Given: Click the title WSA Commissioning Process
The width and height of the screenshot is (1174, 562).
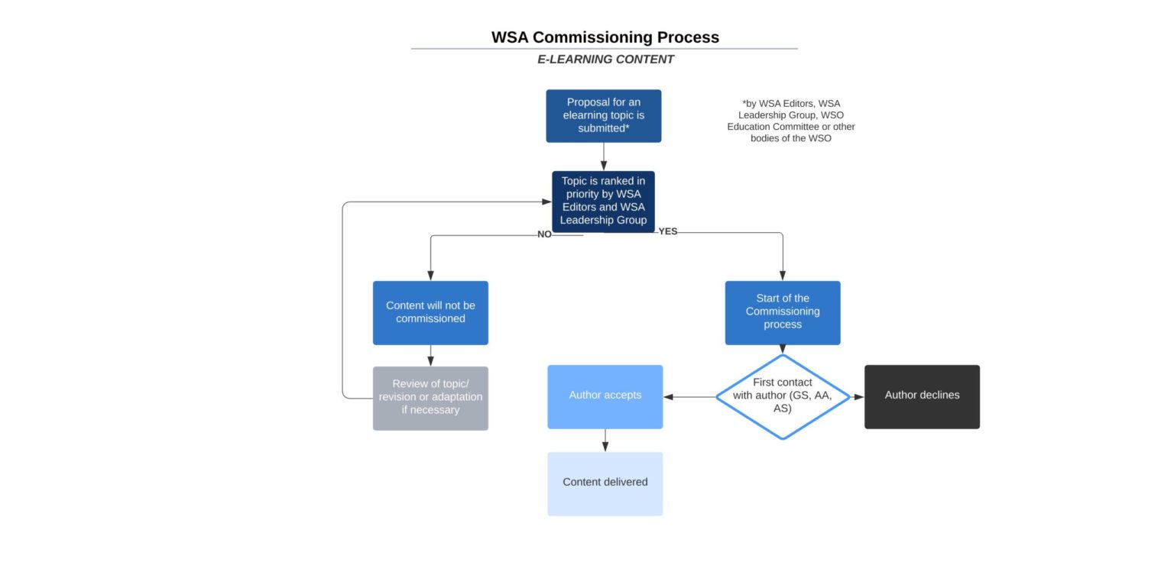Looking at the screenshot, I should coord(605,37).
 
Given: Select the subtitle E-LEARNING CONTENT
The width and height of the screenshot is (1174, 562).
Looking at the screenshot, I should coord(605,60).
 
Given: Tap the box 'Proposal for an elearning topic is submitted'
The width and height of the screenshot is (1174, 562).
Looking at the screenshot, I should coord(603,116).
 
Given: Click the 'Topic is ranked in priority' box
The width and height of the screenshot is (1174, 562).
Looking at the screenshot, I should coord(603,201).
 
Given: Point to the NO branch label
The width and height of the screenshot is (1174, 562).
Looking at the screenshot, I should coord(544,234).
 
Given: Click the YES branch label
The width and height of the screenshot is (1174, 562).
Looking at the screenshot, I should coord(668,231).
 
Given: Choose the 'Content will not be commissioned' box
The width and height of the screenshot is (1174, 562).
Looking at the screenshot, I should coord(430,312).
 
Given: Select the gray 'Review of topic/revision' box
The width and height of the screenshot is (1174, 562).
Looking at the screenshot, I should coord(430,398).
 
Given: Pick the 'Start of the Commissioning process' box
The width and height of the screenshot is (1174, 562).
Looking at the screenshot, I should coord(783,312).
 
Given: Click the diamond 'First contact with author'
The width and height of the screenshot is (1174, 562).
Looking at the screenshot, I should coord(783,396).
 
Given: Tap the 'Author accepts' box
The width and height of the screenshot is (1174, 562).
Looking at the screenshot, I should coord(605,396).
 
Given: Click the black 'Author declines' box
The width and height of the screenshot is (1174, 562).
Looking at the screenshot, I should coord(922,396).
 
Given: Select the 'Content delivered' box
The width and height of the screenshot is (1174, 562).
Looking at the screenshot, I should coord(605,483).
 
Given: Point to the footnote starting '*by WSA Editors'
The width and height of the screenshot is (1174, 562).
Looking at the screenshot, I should coord(791,121).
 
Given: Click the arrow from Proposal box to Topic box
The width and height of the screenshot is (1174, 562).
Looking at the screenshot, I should coord(603,157).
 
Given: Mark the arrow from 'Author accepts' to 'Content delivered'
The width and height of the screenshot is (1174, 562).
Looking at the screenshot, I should coord(605,441).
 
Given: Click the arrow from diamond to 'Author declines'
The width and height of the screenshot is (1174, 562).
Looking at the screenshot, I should coord(858,397).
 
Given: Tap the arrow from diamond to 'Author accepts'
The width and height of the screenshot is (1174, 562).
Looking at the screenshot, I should coord(689,397).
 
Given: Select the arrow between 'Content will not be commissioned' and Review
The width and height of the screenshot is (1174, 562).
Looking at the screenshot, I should coord(430,356).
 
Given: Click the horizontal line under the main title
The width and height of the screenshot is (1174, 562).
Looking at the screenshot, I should coord(604,49).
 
